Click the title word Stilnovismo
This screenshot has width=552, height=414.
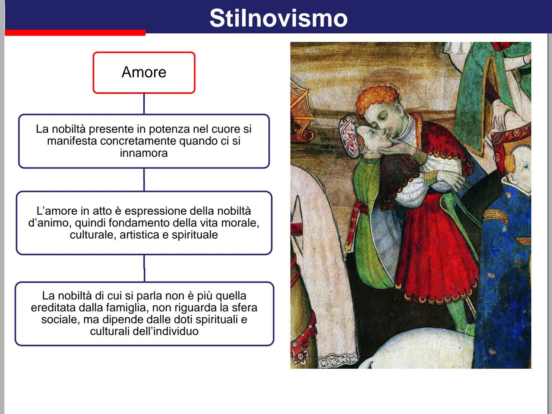point(278,18)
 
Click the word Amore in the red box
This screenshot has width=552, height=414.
point(144,72)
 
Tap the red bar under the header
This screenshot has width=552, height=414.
point(75,33)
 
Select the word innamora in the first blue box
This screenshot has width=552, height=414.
point(144,153)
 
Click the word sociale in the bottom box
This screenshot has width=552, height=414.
point(59,319)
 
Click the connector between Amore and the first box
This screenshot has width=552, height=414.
point(144,103)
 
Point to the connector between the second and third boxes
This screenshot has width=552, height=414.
point(144,268)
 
